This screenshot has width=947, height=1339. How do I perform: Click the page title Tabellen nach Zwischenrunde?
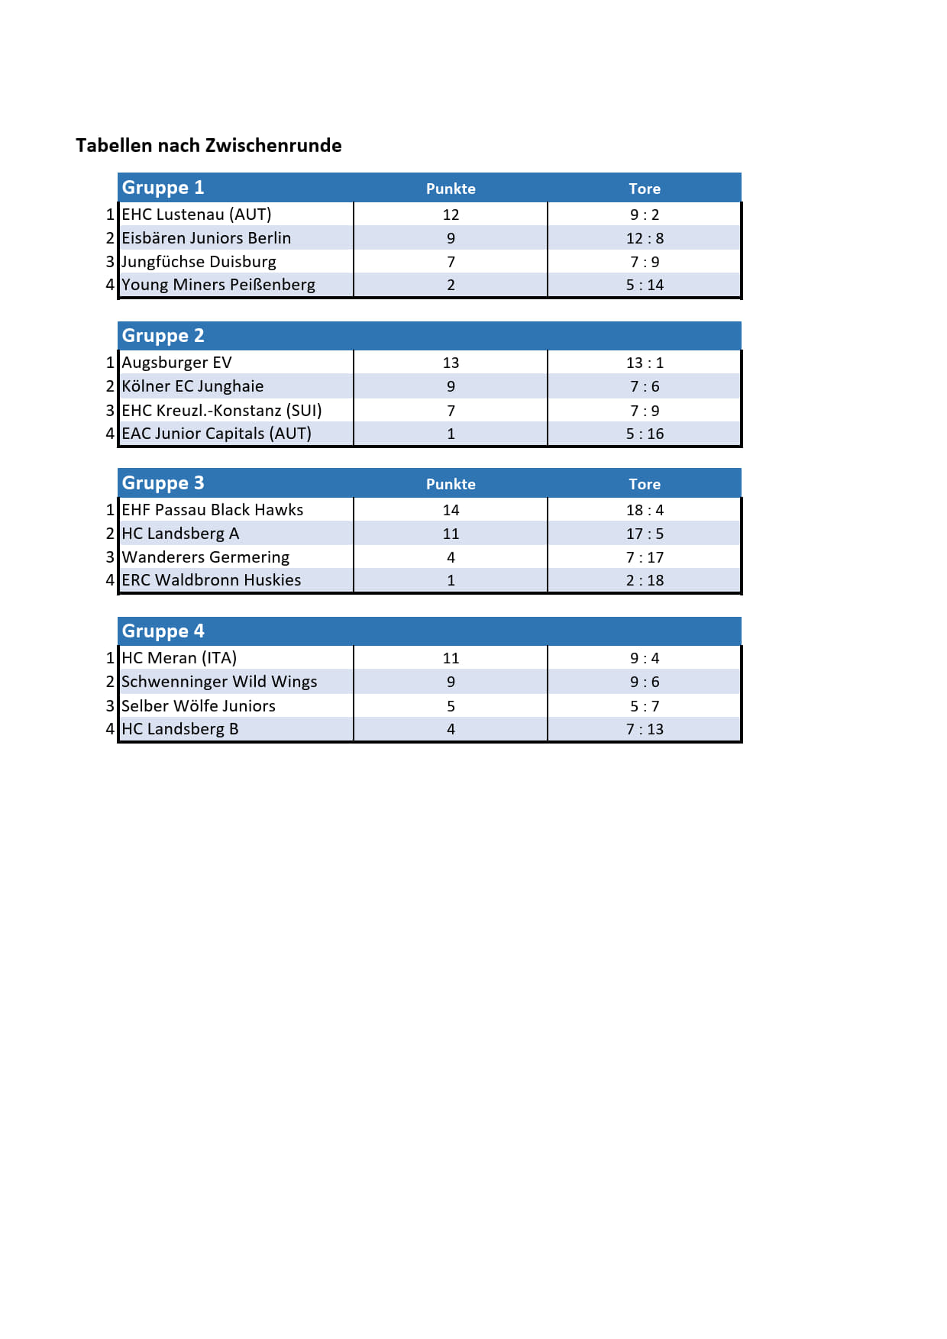(x=208, y=146)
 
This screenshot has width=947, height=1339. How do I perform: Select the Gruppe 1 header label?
(x=163, y=188)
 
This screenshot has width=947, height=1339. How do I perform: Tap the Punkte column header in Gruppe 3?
(x=451, y=484)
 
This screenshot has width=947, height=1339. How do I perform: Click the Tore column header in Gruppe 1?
(x=645, y=189)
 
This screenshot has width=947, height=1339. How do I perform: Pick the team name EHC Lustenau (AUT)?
(x=196, y=215)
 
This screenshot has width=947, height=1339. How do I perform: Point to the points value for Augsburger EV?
(x=451, y=363)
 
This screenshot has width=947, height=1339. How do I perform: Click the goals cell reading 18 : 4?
(x=645, y=510)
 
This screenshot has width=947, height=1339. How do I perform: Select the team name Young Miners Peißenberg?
(x=218, y=285)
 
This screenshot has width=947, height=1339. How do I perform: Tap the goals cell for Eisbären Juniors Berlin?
(x=645, y=238)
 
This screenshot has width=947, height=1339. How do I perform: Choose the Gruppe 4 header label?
(x=163, y=631)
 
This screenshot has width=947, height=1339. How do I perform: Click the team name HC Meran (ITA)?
(x=179, y=658)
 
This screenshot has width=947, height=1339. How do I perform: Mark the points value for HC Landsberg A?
(x=451, y=534)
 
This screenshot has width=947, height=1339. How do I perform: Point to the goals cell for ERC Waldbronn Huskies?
(x=645, y=580)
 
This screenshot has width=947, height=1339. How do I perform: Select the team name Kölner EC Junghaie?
(x=192, y=386)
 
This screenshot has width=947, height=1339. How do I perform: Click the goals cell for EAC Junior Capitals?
(x=645, y=434)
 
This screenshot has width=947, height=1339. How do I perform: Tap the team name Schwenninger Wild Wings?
(x=219, y=682)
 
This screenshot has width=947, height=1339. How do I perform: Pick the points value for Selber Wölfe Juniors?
(x=451, y=706)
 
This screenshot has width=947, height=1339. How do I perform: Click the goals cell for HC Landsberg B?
(x=645, y=729)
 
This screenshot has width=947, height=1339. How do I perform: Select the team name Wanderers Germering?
(x=205, y=557)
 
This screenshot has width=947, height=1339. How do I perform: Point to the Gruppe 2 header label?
(x=163, y=336)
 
